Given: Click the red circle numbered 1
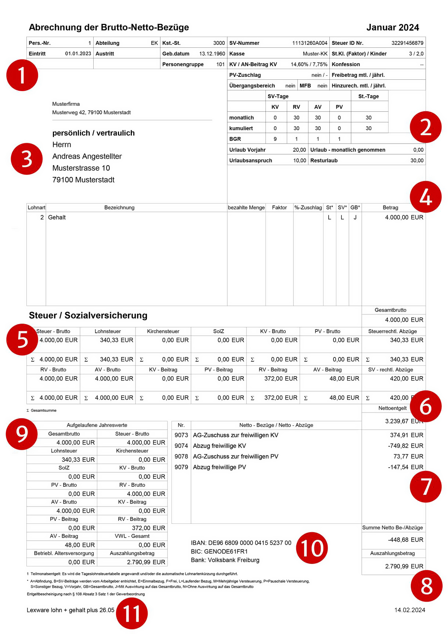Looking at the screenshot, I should click(x=22, y=75).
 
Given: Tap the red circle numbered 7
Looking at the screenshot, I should click(x=426, y=486).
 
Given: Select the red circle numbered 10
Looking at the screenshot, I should click(x=312, y=548).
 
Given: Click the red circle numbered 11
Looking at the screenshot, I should click(x=131, y=613).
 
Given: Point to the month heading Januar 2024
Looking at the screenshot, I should click(x=392, y=28).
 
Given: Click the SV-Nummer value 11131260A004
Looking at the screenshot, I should click(x=310, y=43).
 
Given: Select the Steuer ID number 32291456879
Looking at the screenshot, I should click(x=407, y=43).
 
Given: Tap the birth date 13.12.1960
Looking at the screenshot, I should click(x=212, y=54).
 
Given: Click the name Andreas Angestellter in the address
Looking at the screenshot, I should click(x=87, y=156).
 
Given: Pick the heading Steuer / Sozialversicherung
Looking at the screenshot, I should click(x=88, y=316).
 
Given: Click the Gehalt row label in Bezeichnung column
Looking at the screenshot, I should click(x=57, y=217).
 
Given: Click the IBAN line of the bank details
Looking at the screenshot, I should click(x=241, y=543).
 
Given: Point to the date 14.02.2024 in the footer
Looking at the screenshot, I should click(x=409, y=610).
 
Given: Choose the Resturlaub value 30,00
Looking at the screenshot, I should click(x=417, y=161).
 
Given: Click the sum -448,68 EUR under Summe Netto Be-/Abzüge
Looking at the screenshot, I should click(x=405, y=540).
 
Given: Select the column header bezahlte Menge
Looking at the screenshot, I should click(x=246, y=208).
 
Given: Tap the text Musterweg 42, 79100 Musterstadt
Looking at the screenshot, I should click(x=91, y=112).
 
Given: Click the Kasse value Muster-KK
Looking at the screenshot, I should click(x=315, y=54).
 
